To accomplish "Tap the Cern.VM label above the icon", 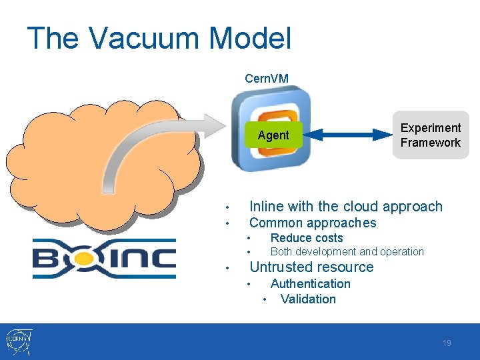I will (x=267, y=79).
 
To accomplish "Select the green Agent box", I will (x=273, y=135).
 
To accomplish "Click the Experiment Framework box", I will (x=430, y=135).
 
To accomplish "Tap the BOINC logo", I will (x=104, y=258).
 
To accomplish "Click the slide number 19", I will (x=447, y=343).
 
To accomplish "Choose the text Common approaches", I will (x=312, y=223).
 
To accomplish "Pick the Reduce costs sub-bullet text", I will (x=306, y=238).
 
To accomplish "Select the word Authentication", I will (x=310, y=284).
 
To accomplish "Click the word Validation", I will (x=308, y=299).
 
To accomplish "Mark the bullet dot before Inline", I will (x=227, y=207).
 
